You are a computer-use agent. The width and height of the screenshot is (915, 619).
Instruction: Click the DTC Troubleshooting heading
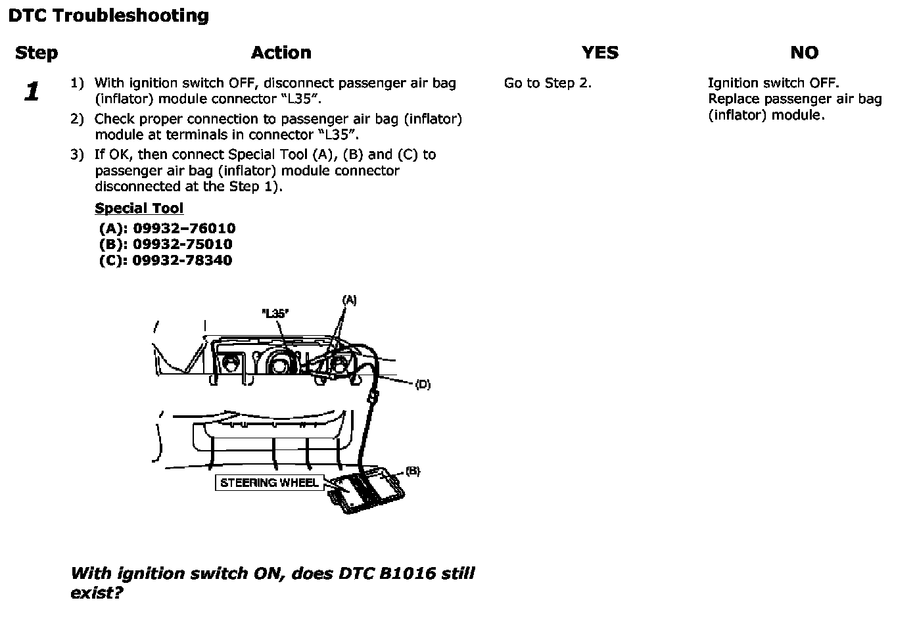click(x=108, y=16)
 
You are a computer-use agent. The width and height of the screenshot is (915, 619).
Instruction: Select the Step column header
click(x=36, y=53)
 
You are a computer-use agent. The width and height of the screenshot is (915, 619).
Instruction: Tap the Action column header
click(x=281, y=53)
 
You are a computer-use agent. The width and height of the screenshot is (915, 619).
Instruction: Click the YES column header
click(x=599, y=53)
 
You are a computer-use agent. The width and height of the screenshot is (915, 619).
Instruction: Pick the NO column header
click(x=804, y=53)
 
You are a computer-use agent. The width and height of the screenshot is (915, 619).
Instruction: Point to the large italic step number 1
click(x=32, y=92)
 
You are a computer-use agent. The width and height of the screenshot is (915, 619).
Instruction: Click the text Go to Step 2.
click(x=548, y=83)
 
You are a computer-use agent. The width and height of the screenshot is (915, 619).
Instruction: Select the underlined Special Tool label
click(x=139, y=208)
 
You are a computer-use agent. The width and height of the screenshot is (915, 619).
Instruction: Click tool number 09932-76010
click(x=184, y=229)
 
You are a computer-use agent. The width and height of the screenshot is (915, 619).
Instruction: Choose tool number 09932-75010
click(x=182, y=244)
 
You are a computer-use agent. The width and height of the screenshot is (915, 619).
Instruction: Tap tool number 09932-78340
click(x=182, y=260)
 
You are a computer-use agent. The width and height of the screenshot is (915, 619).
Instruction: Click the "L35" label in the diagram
click(x=275, y=313)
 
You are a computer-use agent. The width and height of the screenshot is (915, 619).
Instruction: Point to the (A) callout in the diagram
click(x=349, y=300)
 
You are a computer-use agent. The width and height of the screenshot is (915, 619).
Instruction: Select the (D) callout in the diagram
click(x=423, y=384)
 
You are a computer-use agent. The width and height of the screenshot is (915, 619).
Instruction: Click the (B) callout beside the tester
click(x=412, y=471)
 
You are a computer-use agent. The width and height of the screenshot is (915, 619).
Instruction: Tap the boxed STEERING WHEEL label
click(x=270, y=483)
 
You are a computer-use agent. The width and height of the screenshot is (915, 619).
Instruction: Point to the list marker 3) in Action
click(x=78, y=155)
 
